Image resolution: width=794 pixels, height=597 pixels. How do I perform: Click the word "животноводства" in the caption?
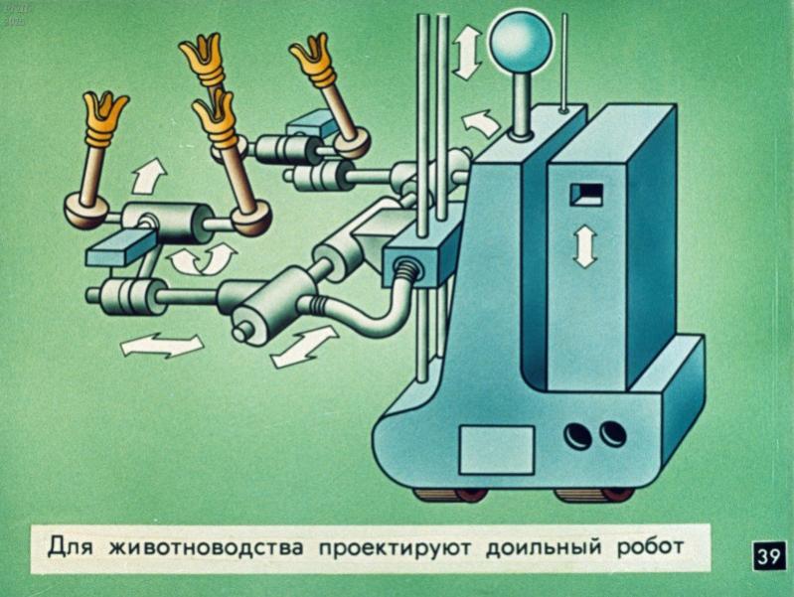(206, 548)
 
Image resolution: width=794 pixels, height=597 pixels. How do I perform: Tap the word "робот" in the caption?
(650, 548)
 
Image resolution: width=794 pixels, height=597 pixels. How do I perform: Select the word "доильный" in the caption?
(544, 547)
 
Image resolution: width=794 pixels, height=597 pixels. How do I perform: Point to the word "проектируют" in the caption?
(395, 549)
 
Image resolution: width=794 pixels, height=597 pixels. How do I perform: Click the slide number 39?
(769, 557)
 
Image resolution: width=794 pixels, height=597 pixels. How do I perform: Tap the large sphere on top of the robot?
(520, 42)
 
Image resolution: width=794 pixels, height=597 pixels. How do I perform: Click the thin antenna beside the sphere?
(563, 62)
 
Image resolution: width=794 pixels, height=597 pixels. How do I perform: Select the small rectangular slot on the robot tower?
(586, 195)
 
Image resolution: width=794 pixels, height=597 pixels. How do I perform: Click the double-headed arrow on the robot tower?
(585, 246)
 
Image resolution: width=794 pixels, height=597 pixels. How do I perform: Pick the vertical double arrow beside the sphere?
(467, 53)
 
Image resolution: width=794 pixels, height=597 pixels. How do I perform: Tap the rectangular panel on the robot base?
(497, 450)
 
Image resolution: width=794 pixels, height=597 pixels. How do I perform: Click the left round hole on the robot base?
(578, 435)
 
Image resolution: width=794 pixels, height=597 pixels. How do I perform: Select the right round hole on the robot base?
(613, 434)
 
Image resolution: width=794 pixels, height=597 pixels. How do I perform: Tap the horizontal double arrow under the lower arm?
(162, 346)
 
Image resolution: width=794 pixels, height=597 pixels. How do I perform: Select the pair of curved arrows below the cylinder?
(203, 260)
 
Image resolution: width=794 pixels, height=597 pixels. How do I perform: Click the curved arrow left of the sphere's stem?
(481, 123)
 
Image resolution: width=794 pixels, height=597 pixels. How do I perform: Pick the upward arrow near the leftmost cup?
(149, 176)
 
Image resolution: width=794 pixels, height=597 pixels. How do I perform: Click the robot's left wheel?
(452, 494)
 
